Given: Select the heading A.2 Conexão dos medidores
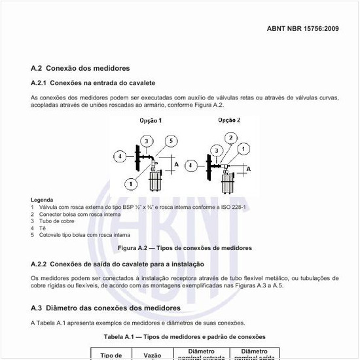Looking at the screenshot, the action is tap(81, 68).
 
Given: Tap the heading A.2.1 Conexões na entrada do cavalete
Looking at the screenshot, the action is tap(93, 83).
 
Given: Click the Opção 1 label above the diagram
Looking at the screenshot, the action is tap(151, 120).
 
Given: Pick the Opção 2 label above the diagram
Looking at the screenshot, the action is tap(228, 120).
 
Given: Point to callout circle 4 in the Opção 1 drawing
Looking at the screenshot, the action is tap(120, 156).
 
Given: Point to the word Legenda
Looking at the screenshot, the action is tap(42, 200).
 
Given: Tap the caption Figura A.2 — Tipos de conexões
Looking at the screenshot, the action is tap(185, 248).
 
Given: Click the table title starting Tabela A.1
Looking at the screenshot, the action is tap(185, 336).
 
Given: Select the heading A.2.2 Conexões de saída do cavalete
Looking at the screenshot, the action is tap(118, 264).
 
